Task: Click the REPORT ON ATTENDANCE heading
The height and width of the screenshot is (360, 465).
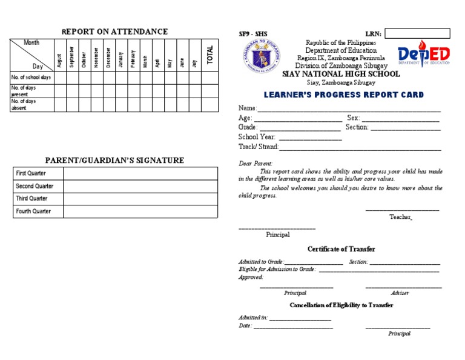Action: (114, 32)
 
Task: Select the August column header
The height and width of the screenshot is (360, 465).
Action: (59, 61)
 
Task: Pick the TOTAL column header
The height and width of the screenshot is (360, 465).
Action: (210, 55)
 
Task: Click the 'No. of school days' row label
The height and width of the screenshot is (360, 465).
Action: (31, 78)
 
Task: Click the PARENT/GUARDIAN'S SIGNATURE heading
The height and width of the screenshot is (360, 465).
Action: (115, 161)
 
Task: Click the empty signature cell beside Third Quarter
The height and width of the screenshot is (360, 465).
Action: (139, 199)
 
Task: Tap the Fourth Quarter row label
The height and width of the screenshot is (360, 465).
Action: (33, 212)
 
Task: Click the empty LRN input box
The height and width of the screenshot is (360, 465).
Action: (417, 33)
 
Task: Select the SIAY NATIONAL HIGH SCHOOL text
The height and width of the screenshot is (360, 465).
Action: (341, 74)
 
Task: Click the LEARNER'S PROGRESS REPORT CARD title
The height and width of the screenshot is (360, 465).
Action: (343, 95)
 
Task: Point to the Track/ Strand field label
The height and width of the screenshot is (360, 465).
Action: (259, 147)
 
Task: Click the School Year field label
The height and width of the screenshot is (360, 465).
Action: (257, 137)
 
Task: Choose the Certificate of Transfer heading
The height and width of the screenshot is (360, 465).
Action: (341, 249)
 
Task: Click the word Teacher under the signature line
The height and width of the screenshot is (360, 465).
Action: (400, 217)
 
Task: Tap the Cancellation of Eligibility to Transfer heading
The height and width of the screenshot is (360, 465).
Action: (341, 305)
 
